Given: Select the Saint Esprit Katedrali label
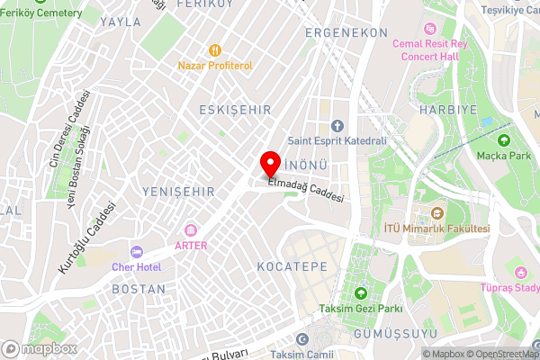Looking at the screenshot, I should [337, 139].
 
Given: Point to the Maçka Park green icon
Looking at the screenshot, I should [503, 140].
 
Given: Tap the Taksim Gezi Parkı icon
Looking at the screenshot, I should [360, 294].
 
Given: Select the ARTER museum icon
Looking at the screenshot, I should [190, 230].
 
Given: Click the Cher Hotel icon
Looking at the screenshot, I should [137, 252].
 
